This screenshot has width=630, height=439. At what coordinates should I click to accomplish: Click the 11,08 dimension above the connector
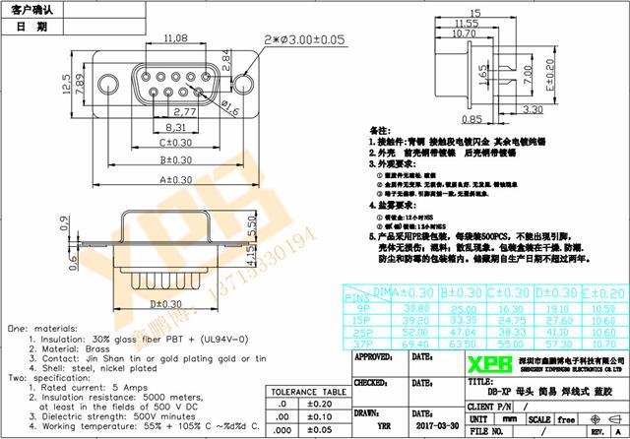(x=176, y=38)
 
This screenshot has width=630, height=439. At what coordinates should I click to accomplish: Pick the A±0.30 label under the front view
(x=176, y=179)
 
